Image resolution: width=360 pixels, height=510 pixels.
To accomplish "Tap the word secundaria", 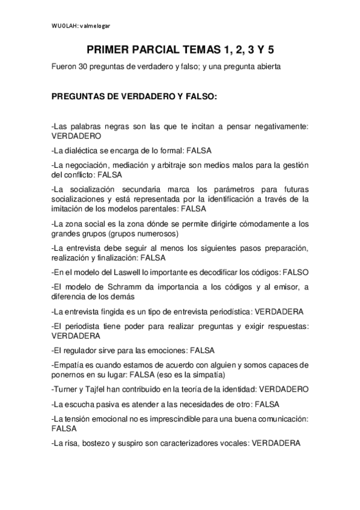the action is [x=133, y=189].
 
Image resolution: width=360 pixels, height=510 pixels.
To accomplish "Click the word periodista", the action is [x=81, y=325].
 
